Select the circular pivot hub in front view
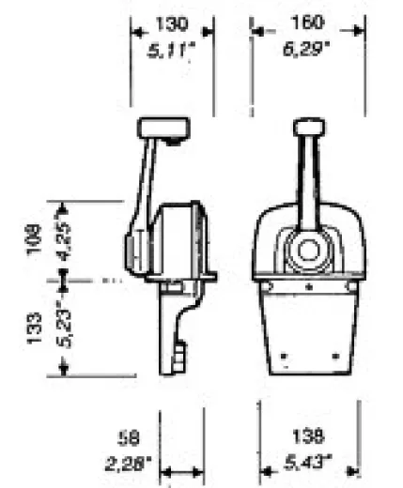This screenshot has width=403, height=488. coord(307,249)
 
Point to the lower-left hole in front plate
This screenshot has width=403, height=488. coord(287,355)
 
